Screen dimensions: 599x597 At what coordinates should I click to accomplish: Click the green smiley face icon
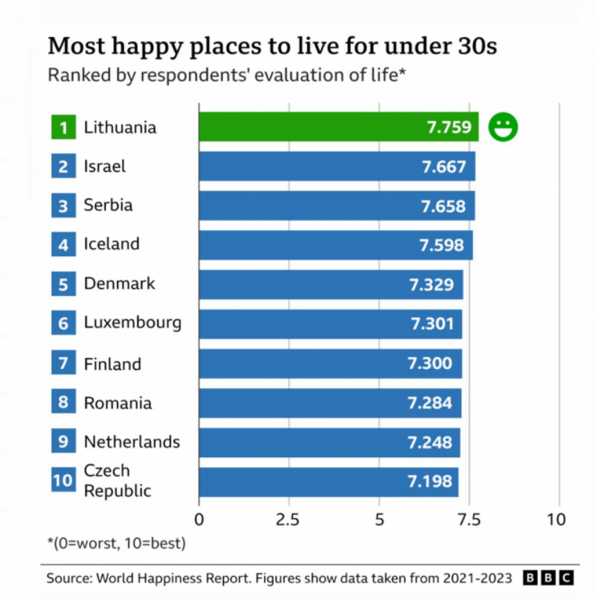[503, 127]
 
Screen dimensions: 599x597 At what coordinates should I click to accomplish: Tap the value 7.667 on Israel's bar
[444, 166]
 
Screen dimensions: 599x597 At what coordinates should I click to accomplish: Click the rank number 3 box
[63, 206]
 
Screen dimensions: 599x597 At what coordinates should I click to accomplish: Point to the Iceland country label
[111, 244]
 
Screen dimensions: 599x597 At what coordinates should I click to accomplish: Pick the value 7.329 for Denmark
[431, 285]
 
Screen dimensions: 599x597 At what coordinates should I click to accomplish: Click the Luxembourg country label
[132, 323]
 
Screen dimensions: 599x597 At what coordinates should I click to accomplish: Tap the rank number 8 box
[63, 403]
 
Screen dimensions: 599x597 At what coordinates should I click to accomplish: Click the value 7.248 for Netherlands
[429, 442]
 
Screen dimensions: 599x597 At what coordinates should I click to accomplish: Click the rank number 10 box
[63, 481]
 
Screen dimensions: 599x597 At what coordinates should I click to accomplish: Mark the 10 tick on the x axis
[557, 519]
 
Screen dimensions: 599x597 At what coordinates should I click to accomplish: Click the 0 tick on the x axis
[199, 519]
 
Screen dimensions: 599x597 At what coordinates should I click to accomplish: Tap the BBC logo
[548, 578]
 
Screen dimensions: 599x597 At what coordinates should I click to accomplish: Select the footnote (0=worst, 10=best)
[116, 544]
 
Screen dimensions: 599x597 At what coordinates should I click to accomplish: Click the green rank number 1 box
[63, 127]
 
